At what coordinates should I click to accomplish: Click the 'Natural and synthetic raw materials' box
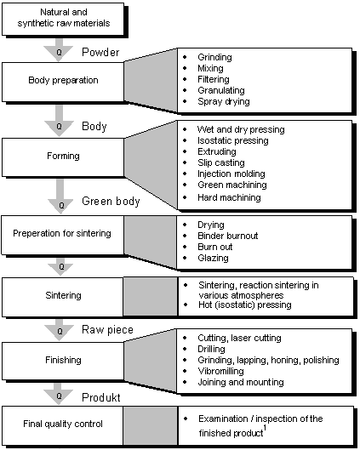coord(63,19)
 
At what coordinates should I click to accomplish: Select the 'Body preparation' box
coord(63,82)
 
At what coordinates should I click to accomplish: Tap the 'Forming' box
coord(63,157)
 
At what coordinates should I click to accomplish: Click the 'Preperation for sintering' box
coord(63,235)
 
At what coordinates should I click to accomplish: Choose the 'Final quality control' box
coord(63,425)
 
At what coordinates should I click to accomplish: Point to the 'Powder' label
coord(100,52)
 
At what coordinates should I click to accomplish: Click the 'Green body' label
coord(111,201)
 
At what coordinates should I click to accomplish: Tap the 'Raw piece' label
coord(107,330)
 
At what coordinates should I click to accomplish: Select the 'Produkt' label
coord(100,397)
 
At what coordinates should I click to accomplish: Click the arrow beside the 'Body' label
coord(59,121)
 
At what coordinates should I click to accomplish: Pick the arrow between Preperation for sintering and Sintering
coord(60,266)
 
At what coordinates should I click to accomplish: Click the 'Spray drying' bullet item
coord(224,101)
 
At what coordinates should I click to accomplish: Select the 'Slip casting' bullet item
coord(221,162)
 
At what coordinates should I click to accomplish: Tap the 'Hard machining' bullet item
coord(229,197)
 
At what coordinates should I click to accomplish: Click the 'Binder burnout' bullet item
coord(227,236)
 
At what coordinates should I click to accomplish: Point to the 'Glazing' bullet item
coord(213,258)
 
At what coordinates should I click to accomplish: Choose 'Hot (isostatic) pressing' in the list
coord(245,305)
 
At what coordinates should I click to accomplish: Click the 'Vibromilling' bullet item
coord(220,371)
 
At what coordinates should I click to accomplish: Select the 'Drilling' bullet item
coord(211,349)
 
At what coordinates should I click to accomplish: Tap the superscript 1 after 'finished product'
coord(265,428)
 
